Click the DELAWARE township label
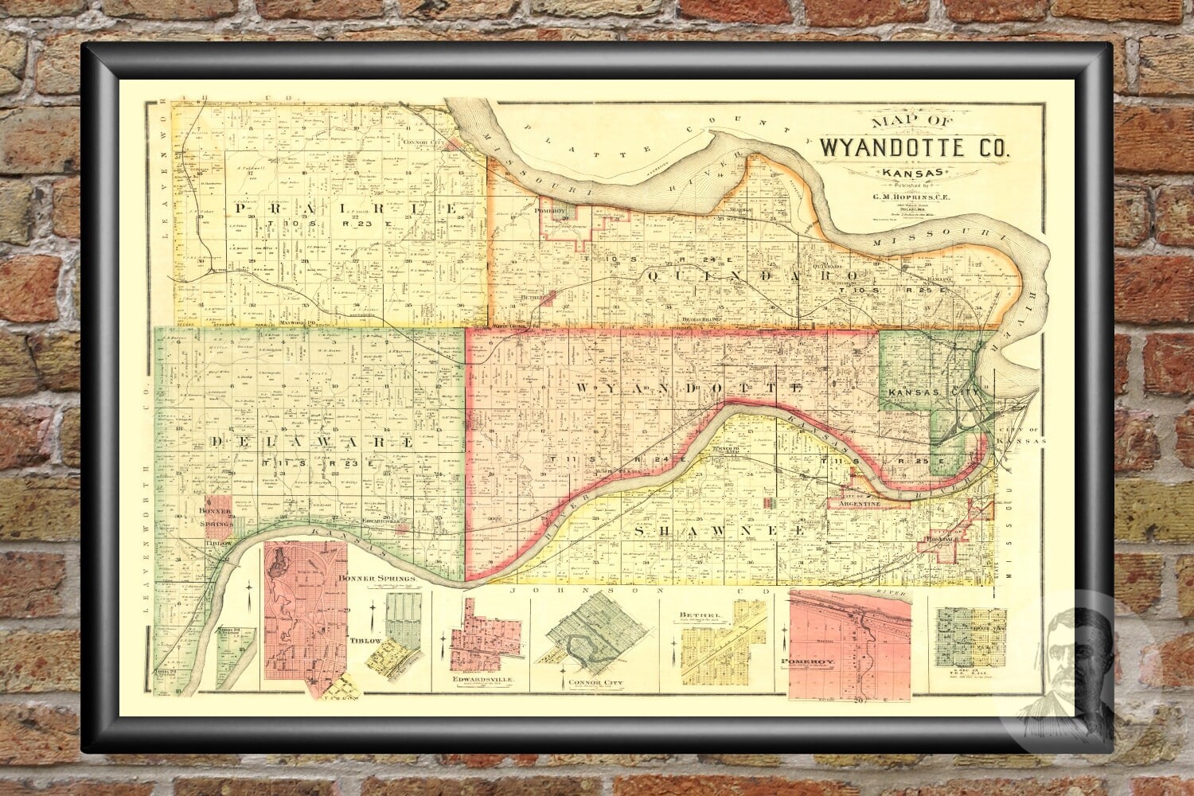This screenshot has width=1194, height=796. click(x=312, y=442)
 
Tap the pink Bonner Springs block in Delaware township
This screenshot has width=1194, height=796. click(x=220, y=513)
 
